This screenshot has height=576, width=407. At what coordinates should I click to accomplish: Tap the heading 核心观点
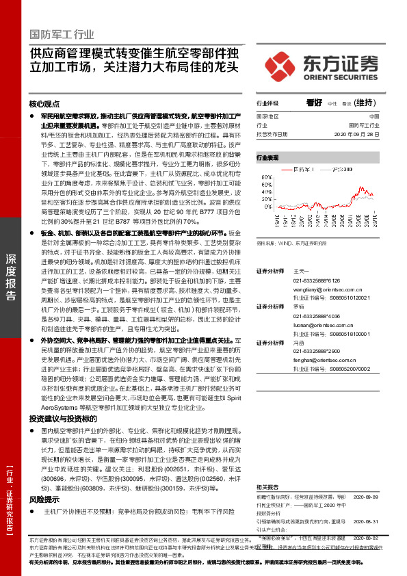[44, 104]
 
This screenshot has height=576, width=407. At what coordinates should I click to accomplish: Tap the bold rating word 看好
[314, 103]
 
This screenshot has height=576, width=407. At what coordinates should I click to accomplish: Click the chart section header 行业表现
[267, 157]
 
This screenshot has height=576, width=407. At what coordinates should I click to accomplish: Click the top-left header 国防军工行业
[62, 34]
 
